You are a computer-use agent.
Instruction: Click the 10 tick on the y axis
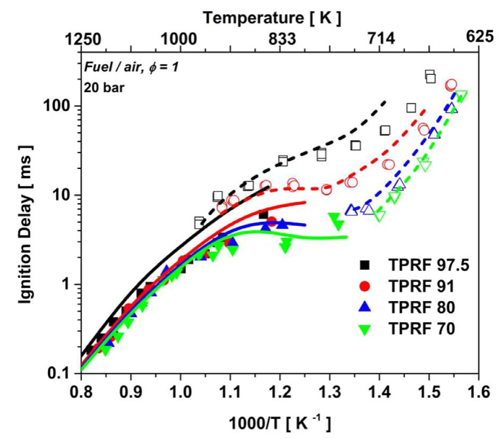62,195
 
